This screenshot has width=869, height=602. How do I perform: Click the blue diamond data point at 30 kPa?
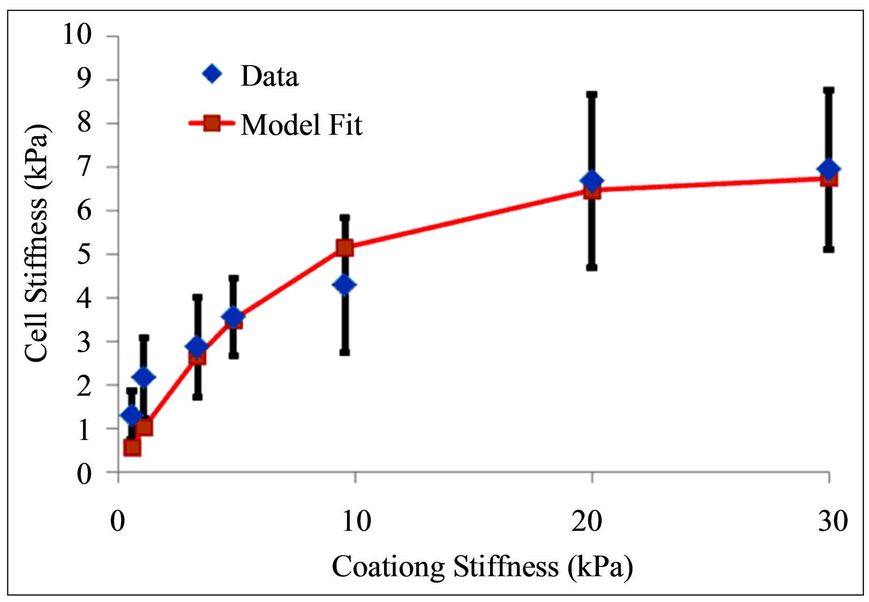pyautogui.click(x=829, y=169)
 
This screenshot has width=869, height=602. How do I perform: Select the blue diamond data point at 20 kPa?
pyautogui.click(x=592, y=181)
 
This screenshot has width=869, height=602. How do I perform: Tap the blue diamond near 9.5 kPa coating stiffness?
pyautogui.click(x=344, y=285)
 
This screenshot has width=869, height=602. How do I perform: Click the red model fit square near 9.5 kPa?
pyautogui.click(x=345, y=248)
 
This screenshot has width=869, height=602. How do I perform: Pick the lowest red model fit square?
pyautogui.click(x=132, y=447)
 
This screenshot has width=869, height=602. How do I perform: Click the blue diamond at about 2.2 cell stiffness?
pyautogui.click(x=144, y=377)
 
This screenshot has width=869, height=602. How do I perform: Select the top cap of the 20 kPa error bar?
pyautogui.click(x=592, y=94)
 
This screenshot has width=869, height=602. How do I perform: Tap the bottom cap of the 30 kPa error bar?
pyautogui.click(x=829, y=249)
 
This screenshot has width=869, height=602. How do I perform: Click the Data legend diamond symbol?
pyautogui.click(x=212, y=74)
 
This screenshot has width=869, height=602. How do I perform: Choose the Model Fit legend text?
pyautogui.click(x=301, y=125)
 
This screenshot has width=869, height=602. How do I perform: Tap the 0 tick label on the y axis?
pyautogui.click(x=84, y=474)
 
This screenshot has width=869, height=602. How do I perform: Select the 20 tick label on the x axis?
pyautogui.click(x=586, y=521)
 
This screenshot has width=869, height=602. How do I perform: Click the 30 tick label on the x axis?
pyautogui.click(x=832, y=521)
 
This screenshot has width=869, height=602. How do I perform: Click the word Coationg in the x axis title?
pyautogui.click(x=389, y=567)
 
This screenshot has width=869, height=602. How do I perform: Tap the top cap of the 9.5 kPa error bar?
pyautogui.click(x=345, y=217)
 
